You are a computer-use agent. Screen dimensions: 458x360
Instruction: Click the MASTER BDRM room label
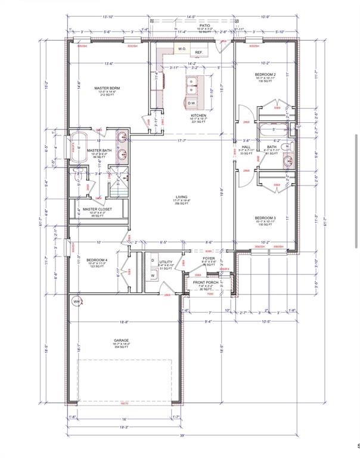point(107,88)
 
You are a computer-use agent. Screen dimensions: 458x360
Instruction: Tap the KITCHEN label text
point(198,115)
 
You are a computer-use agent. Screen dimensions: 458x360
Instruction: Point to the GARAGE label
point(122,341)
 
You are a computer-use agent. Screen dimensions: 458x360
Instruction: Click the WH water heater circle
point(76,302)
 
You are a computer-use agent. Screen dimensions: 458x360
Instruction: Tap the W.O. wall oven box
point(182,48)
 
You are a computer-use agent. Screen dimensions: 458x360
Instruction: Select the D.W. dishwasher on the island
point(192,103)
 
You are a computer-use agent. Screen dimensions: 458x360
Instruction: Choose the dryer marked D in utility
point(152,261)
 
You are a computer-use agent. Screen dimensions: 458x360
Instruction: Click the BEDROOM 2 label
point(265,74)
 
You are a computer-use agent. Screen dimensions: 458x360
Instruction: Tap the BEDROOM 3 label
point(265,218)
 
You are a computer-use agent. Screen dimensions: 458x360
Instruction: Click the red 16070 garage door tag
point(123,404)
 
